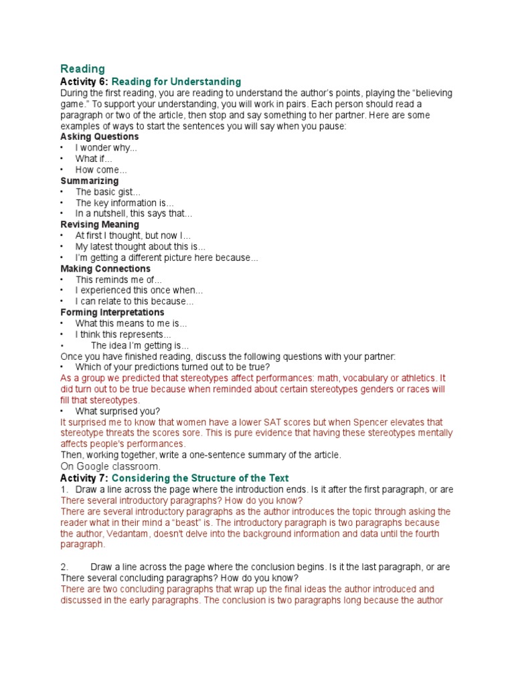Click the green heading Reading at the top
(82, 68)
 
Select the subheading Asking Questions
(100, 136)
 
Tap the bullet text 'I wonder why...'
(106, 148)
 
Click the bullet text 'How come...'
(101, 170)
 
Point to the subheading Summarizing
(89, 181)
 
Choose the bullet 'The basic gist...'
(108, 192)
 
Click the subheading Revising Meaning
(100, 225)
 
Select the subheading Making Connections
(104, 269)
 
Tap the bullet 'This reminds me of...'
(118, 280)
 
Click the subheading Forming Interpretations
(112, 312)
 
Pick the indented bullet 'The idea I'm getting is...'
(140, 345)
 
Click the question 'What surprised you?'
(118, 411)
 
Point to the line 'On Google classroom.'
(110, 466)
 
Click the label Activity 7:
(84, 478)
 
